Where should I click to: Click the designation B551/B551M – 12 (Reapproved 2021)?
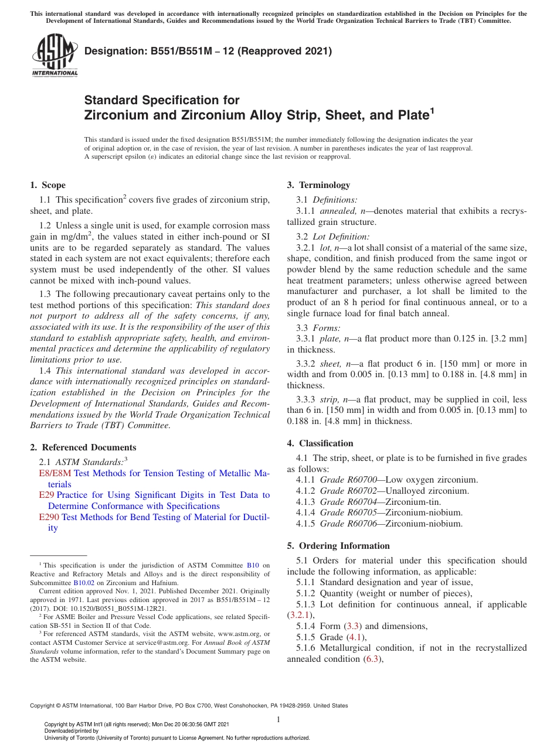[208, 51]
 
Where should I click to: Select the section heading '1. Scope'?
[47, 185]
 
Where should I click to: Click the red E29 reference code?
[46, 495]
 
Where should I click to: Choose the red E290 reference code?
[49, 517]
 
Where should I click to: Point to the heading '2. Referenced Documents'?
[83, 447]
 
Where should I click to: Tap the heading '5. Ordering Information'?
[338, 546]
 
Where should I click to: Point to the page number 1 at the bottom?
[278, 720]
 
